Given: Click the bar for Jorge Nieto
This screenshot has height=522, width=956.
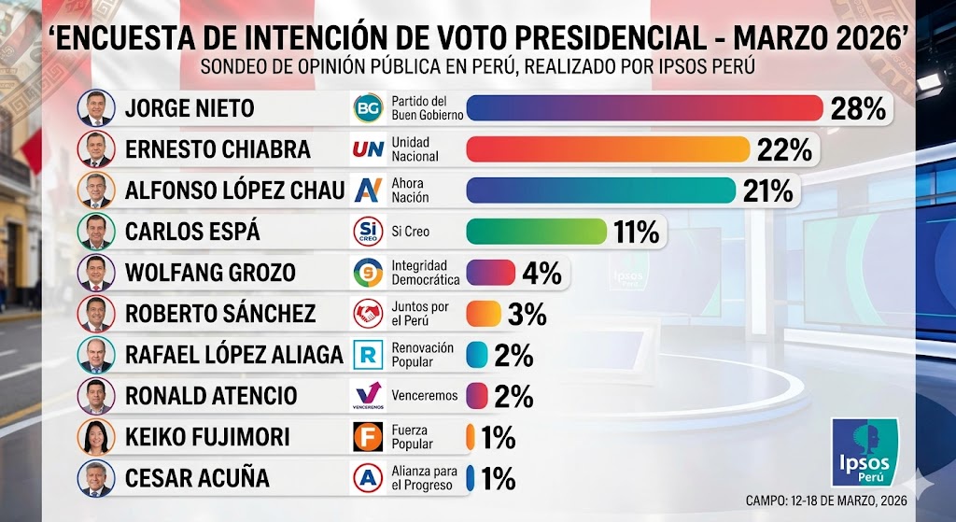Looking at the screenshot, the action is point(644,108).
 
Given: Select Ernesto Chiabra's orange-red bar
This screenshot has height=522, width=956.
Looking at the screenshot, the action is point(608,149).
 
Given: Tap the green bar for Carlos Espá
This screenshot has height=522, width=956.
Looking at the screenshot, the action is point(537,232).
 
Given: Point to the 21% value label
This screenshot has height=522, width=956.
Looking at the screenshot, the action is point(768,190).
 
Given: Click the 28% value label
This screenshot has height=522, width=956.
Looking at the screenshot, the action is point(858,108).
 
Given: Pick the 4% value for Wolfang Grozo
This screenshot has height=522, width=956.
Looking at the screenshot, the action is point(541,274).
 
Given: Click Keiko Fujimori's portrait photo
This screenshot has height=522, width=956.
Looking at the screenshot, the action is point(96,437).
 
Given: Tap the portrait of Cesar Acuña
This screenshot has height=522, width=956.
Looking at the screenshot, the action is point(96,478).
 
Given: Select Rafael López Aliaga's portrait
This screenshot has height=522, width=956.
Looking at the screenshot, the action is point(96,355).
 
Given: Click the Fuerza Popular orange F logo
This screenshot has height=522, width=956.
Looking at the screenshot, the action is point(368,437).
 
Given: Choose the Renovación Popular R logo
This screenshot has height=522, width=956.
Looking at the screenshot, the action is point(368,355).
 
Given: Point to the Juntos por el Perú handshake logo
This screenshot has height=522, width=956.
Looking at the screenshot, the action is point(368,314).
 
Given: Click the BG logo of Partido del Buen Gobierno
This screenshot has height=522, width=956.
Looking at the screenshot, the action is point(368,108).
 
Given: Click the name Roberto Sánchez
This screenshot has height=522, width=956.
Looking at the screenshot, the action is point(220,314).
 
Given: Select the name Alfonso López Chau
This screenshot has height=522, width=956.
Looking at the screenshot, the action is point(234,190).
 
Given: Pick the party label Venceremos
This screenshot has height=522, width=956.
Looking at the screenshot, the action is point(425,396).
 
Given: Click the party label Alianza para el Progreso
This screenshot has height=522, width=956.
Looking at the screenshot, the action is point(425,478).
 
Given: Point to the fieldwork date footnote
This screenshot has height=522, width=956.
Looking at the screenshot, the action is point(826,501).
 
